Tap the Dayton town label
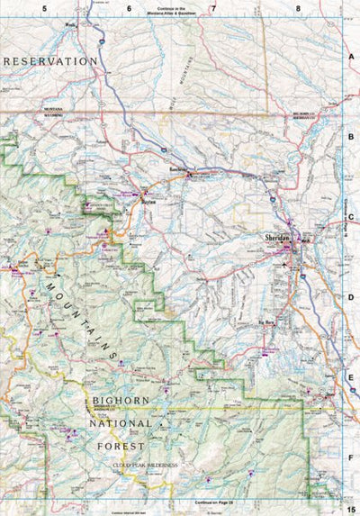pos(148,204)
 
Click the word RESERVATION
pos(50,60)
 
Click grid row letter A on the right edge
pos(352,56)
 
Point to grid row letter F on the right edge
pos(352,457)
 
